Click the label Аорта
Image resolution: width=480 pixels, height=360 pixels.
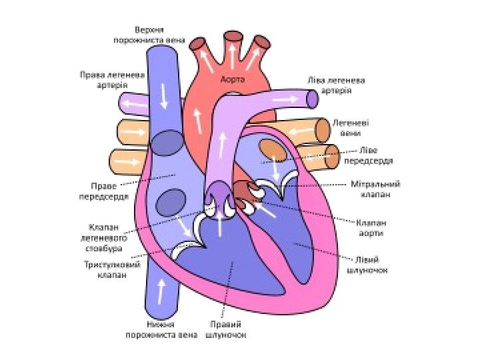233,79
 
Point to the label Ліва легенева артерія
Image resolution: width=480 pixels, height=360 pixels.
336,85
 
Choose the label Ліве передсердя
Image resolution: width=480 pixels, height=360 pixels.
368,155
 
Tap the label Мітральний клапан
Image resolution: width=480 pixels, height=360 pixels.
375,189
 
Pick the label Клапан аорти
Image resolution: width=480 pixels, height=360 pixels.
371,228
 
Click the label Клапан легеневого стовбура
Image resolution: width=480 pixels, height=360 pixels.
105,237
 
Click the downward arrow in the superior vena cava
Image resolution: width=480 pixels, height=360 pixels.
163,97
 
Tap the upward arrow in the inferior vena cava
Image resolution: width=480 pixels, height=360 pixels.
161,291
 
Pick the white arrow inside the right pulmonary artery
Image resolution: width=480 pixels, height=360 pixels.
135,104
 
